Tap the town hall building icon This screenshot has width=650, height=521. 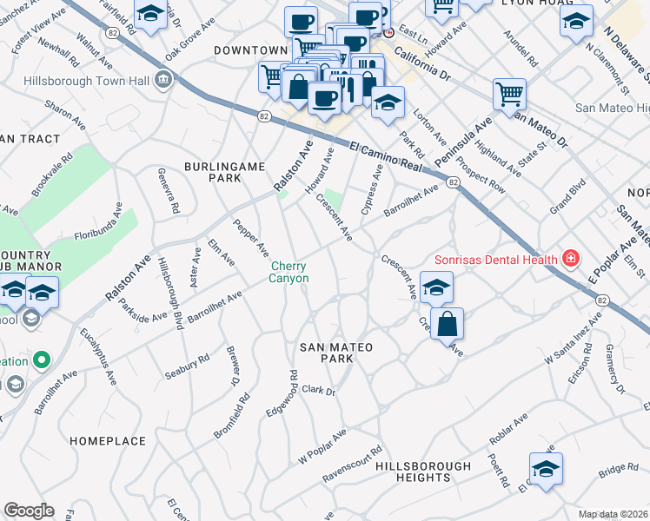tap(162, 80)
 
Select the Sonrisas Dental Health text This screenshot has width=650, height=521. tap(497, 259)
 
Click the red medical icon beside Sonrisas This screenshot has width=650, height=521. tap(570, 258)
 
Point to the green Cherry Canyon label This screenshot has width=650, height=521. tap(289, 272)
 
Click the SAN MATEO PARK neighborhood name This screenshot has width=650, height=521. tap(336, 347)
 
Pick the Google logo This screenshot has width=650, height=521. tap(29, 511)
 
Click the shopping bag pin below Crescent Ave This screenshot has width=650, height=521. tap(446, 325)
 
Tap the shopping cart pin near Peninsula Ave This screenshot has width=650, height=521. tap(509, 92)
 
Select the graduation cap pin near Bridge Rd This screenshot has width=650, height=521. tap(546, 469)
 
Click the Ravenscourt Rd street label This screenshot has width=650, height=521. tap(353, 465)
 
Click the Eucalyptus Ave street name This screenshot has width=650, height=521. tap(109, 366)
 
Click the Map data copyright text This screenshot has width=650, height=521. tap(613, 514)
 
